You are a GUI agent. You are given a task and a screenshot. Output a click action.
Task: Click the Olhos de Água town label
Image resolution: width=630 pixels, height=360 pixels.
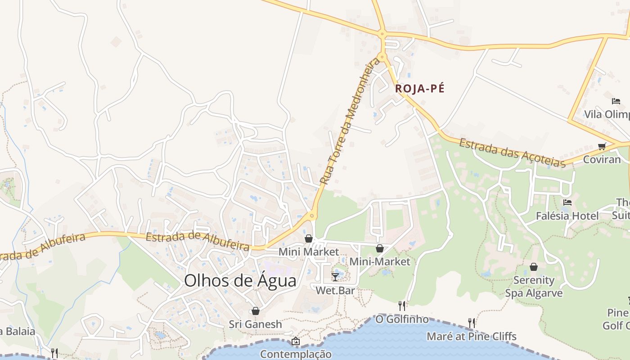[x=240, y=281]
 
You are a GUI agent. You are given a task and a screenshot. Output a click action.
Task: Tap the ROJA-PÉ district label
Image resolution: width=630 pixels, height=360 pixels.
[x=419, y=89]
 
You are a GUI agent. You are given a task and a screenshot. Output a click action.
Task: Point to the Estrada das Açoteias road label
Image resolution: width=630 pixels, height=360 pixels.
[x=512, y=153]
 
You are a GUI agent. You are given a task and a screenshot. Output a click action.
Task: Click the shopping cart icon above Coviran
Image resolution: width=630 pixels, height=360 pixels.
[x=602, y=146]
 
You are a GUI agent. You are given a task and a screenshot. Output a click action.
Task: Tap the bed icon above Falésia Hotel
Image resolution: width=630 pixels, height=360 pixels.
[x=567, y=202]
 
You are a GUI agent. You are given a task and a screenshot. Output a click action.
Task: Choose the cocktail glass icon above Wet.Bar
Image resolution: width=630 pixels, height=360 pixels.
[x=335, y=277]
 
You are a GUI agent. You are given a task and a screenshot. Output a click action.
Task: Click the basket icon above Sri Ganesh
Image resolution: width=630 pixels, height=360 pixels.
[x=256, y=311]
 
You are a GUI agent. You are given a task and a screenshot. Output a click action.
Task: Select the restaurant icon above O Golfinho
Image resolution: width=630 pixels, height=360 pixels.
[x=402, y=306]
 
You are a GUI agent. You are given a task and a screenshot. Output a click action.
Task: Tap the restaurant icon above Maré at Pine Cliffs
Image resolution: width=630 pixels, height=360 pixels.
[x=471, y=323]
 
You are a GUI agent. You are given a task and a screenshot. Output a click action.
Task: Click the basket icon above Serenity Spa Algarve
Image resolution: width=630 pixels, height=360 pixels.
[x=533, y=267]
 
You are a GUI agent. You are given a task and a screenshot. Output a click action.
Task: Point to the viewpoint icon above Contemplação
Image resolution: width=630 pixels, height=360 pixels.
[x=295, y=341]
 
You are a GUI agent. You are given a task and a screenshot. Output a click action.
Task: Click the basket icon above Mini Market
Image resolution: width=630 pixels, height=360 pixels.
[x=309, y=238]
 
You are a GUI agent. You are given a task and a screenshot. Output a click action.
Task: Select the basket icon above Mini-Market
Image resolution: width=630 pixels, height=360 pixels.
[x=380, y=248]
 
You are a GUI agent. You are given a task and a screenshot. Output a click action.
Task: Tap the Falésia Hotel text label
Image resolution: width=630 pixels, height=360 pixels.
[x=567, y=216]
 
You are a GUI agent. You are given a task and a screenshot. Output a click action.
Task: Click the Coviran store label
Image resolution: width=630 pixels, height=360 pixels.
[x=602, y=159]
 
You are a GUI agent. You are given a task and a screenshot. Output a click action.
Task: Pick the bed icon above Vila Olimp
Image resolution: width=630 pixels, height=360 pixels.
[x=616, y=101]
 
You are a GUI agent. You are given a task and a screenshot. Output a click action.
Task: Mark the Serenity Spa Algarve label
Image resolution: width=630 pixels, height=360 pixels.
[x=534, y=287]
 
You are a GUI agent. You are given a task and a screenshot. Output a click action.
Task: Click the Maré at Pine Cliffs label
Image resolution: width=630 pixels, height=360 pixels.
[x=471, y=336]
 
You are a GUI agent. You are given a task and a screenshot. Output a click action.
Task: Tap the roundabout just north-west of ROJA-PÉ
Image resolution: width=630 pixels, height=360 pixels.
[x=382, y=57]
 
